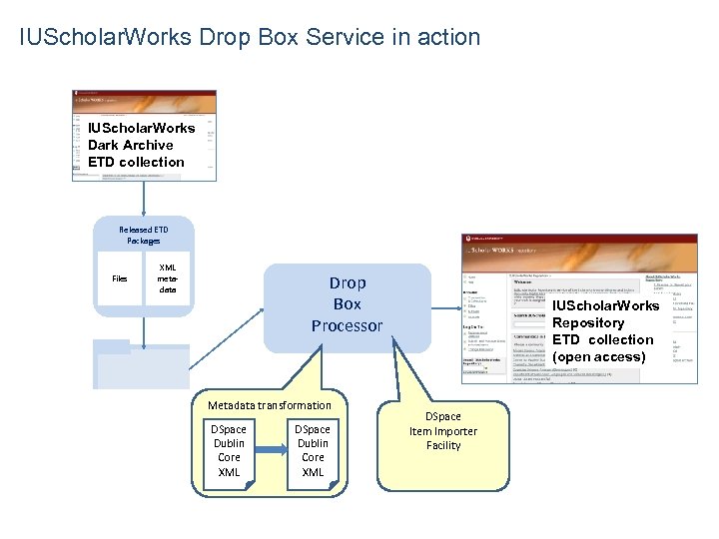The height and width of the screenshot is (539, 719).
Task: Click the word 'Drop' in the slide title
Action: click(227, 38)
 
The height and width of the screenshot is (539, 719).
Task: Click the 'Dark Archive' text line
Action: click(130, 145)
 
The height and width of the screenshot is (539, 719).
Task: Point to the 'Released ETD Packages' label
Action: click(143, 235)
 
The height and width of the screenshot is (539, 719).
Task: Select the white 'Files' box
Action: click(119, 278)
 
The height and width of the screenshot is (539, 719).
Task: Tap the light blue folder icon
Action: click(142, 364)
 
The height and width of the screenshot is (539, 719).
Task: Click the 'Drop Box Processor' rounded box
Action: click(347, 305)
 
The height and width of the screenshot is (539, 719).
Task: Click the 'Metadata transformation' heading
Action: click(269, 405)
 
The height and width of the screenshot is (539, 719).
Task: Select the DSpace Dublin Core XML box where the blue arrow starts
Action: click(229, 450)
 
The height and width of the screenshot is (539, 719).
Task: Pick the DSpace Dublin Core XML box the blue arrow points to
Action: click(313, 450)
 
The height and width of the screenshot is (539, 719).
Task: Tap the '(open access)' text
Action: click(599, 356)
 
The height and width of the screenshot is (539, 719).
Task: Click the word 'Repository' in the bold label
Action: click(588, 322)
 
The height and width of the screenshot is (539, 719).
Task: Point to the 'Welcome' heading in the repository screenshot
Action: click(526, 280)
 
